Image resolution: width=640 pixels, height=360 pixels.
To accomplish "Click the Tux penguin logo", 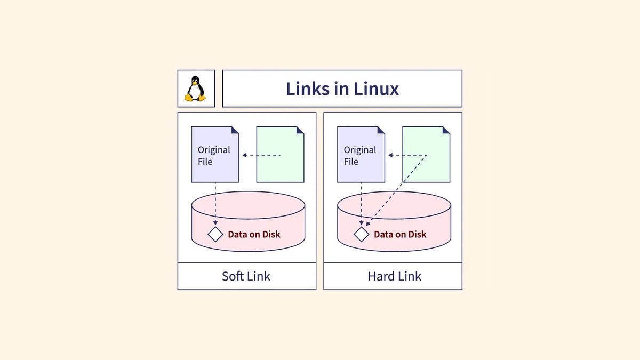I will pyautogui.click(x=196, y=89).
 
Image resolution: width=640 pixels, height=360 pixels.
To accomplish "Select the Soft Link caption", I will pyautogui.click(x=246, y=276).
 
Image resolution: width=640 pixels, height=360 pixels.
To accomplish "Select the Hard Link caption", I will pyautogui.click(x=394, y=276).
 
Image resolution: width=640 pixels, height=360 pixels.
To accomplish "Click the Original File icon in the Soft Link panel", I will pyautogui.click(x=215, y=155).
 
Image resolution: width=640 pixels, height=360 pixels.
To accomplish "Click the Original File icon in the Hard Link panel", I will pyautogui.click(x=361, y=155).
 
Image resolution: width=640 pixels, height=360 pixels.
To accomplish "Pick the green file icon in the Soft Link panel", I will pyautogui.click(x=281, y=155).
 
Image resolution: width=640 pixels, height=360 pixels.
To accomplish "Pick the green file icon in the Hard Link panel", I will pyautogui.click(x=426, y=155).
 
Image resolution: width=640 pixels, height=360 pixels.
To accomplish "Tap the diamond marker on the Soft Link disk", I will pyautogui.click(x=215, y=234).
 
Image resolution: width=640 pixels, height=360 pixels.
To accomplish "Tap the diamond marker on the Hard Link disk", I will pyautogui.click(x=362, y=234).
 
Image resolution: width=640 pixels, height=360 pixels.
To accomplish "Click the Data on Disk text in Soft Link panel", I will pyautogui.click(x=254, y=234).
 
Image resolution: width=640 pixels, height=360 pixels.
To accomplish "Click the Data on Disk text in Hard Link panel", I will pyautogui.click(x=400, y=234).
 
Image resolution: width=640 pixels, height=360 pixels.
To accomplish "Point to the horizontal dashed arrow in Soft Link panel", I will pyautogui.click(x=261, y=155).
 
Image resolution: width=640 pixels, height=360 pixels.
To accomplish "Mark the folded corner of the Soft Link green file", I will pyautogui.click(x=300, y=130).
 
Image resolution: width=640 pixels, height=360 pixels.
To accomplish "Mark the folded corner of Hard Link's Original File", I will pyautogui.click(x=381, y=130).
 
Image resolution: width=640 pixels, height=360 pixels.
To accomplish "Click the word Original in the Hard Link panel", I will pyautogui.click(x=360, y=150).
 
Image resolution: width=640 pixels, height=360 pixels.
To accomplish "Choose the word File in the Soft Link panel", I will pyautogui.click(x=205, y=162).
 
